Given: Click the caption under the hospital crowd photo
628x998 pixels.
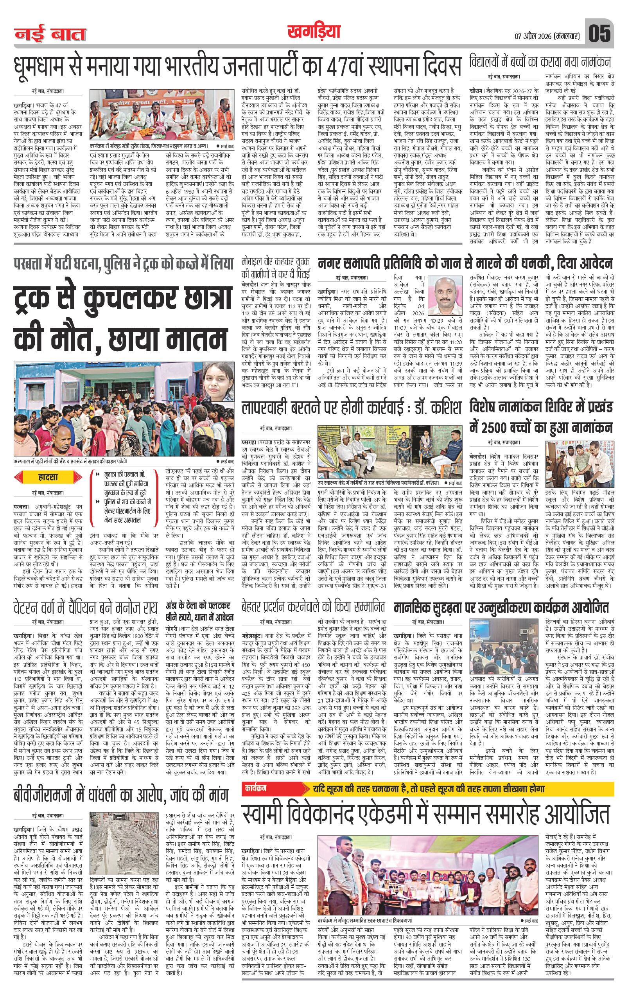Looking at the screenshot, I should pos(70,460).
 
